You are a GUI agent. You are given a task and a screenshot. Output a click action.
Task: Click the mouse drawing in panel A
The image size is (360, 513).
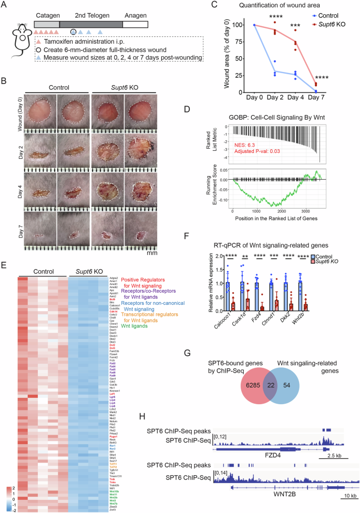18,42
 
